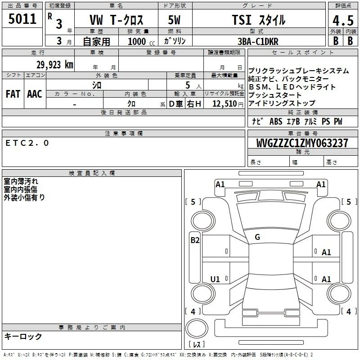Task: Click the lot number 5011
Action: pos(22,19)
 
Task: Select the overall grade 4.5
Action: pos(343,21)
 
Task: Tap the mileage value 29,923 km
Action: pos(55,65)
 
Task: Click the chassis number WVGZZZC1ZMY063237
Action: pos(302,143)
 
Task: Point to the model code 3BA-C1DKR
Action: pos(258,41)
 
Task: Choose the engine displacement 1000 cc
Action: pos(141,41)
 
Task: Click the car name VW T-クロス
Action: pos(116,20)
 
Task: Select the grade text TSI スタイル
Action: pos(258,20)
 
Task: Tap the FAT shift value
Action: pos(13,94)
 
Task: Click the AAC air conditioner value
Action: pos(35,94)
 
